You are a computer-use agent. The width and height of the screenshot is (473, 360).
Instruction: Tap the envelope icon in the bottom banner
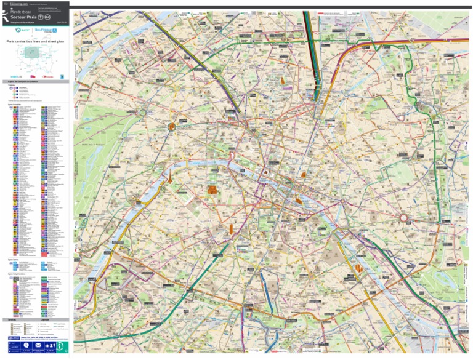pos(36,346)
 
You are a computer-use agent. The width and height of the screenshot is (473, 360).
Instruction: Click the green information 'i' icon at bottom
pos(60,346)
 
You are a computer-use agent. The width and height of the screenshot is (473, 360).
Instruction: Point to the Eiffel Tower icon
pos(166,178)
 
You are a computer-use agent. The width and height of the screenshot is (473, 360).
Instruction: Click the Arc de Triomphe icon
pos(172,126)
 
